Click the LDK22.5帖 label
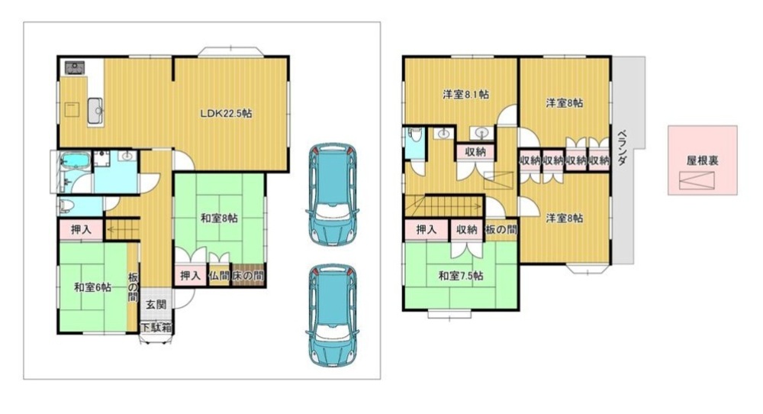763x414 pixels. pyautogui.click(x=227, y=114)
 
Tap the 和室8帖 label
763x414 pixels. pyautogui.click(x=219, y=218)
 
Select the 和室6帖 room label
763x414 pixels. pyautogui.click(x=92, y=287)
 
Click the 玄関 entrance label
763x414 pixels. pyautogui.click(x=156, y=305)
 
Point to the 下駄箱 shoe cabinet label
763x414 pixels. pyautogui.click(x=156, y=328)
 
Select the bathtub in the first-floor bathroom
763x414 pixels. pyautogui.click(x=75, y=161)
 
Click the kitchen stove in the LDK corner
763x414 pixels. pyautogui.click(x=75, y=67)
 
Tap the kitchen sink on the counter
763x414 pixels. pyautogui.click(x=95, y=111)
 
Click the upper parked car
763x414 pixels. pyautogui.click(x=333, y=194)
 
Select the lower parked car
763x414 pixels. pyautogui.click(x=333, y=315)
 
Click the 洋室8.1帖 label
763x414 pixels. pyautogui.click(x=465, y=95)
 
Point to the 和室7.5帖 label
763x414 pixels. pyautogui.click(x=461, y=277)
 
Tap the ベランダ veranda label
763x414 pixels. pyautogui.click(x=622, y=148)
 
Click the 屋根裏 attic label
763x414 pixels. pyautogui.click(x=702, y=160)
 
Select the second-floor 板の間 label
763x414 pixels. pyautogui.click(x=501, y=229)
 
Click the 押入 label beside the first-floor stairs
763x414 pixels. pyautogui.click(x=81, y=229)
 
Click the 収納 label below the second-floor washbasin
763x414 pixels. pyautogui.click(x=475, y=151)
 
